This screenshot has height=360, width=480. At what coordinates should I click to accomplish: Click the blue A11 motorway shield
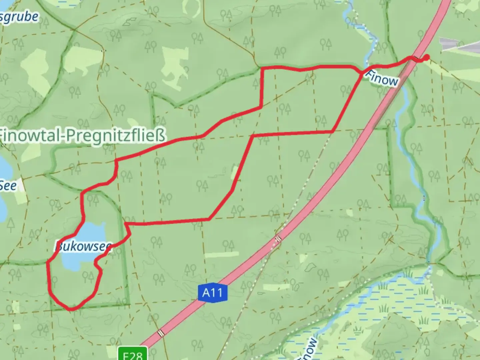pyautogui.click(x=212, y=293)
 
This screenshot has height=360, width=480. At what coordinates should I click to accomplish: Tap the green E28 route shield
pyautogui.click(x=133, y=354)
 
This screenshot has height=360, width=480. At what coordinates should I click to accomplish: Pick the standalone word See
pyautogui.click(x=8, y=185)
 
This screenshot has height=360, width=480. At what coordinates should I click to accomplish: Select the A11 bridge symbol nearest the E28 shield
pyautogui.click(x=162, y=333)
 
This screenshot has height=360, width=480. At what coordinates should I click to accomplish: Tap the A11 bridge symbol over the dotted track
pyautogui.click(x=278, y=239)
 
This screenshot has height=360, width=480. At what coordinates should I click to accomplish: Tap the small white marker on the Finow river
pyautogui.click(x=424, y=198)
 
